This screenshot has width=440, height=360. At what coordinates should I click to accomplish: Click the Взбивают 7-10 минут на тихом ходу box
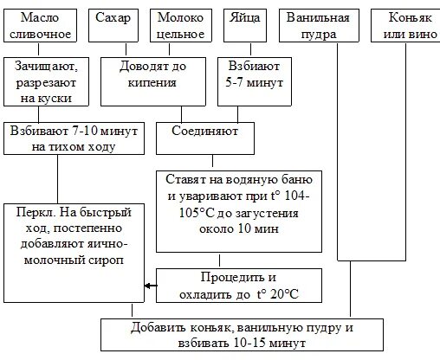click(74, 138)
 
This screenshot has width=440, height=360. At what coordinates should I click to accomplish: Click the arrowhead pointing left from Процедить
click(149, 286)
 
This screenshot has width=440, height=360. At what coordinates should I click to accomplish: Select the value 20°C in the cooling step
click(279, 295)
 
